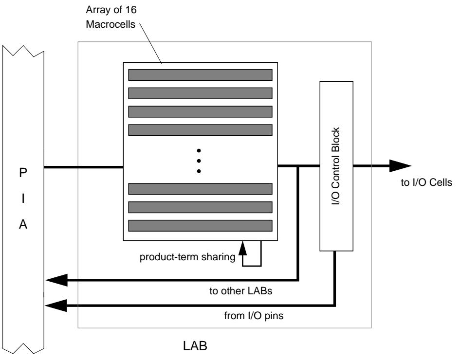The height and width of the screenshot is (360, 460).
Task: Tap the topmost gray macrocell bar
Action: click(x=200, y=74)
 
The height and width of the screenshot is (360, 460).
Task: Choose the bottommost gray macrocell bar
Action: click(x=200, y=225)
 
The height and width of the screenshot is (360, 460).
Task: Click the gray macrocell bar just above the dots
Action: click(x=200, y=130)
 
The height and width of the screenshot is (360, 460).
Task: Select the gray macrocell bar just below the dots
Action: click(x=200, y=189)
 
